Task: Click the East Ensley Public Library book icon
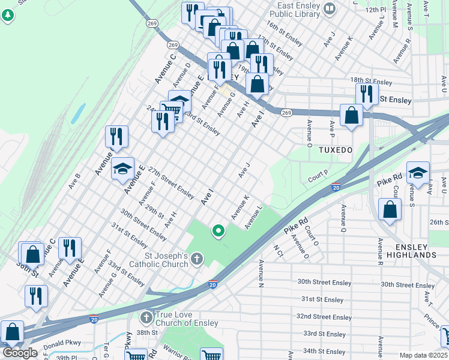point(329,8)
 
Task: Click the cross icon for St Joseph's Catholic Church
point(197,259)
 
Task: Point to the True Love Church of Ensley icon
point(146,316)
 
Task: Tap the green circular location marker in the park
point(218,230)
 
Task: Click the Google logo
point(20,352)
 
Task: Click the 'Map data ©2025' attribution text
point(423,355)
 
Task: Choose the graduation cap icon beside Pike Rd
point(418,173)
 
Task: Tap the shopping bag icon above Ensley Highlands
point(390,210)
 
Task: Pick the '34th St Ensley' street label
point(325,350)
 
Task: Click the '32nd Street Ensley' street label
point(325,317)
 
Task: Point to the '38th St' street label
point(146,332)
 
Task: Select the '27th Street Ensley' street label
point(171,183)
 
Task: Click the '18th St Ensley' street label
point(371,80)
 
